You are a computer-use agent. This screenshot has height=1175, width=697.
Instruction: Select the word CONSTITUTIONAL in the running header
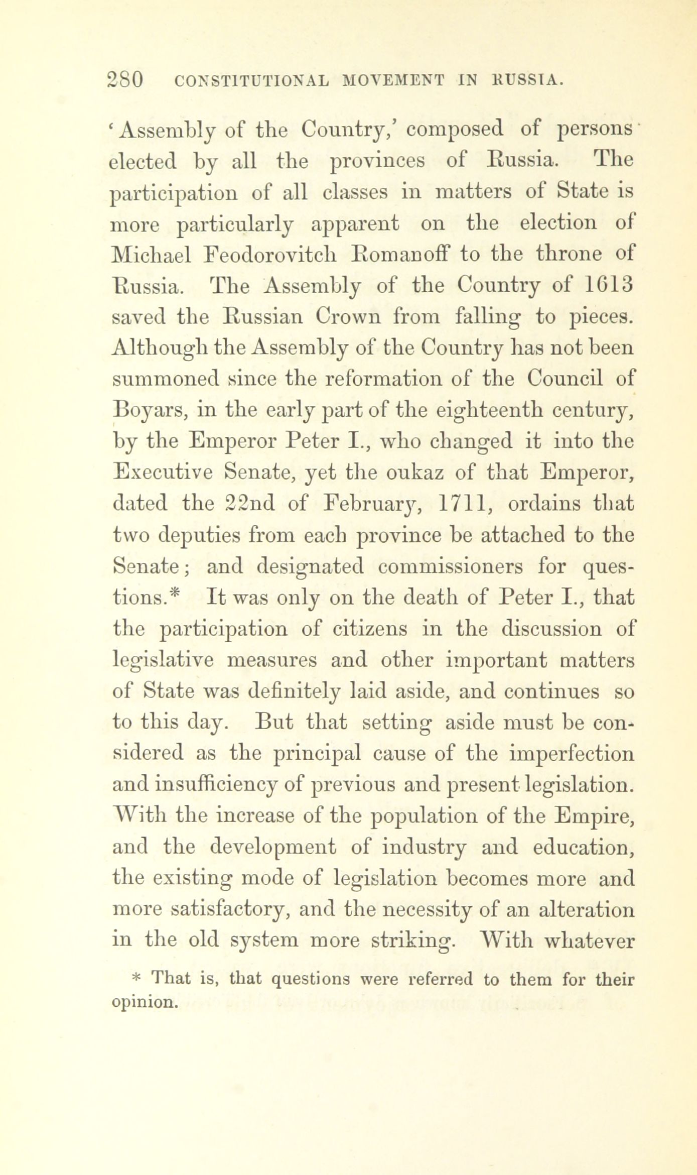pos(249,80)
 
